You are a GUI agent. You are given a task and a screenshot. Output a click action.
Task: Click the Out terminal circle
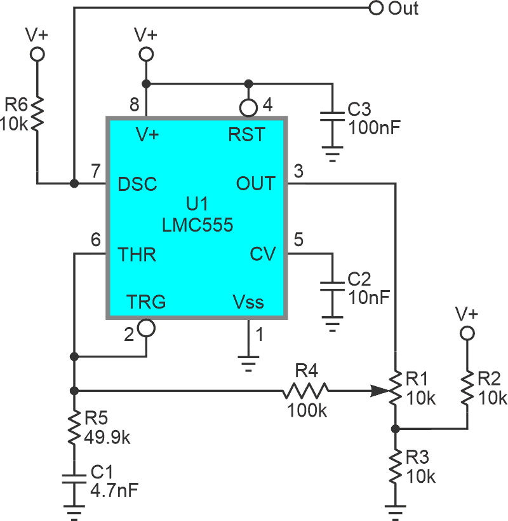(376, 8)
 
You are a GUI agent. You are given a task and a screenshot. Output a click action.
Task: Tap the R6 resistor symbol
(37, 113)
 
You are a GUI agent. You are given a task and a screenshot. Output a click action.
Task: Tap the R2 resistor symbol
(467, 388)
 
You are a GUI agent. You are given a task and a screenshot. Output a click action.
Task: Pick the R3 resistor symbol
(395, 466)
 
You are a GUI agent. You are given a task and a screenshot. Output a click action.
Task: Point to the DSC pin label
(138, 184)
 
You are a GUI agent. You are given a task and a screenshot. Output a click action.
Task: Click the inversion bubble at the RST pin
(248, 106)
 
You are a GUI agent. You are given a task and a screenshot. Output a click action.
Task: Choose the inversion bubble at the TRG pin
(146, 328)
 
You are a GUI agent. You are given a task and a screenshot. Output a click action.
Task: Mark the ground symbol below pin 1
(249, 365)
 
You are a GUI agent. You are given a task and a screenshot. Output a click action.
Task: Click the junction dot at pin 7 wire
(74, 184)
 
